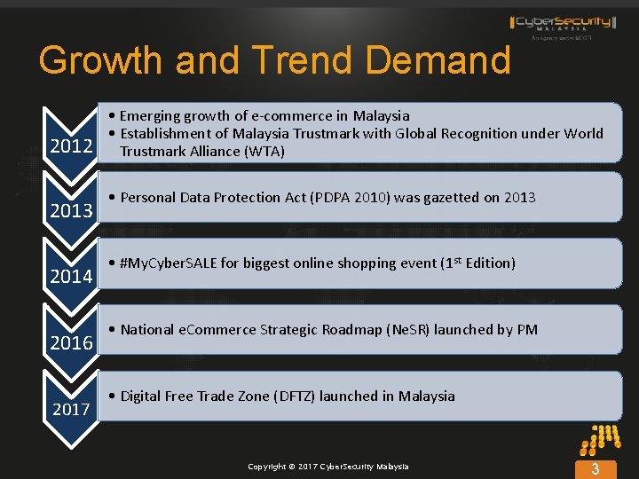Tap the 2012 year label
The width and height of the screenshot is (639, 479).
point(71,145)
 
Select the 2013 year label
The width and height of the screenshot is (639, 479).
point(71,210)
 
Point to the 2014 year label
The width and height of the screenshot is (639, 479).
point(71,276)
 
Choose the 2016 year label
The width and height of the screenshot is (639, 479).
point(71,342)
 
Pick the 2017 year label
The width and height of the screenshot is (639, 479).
point(71,409)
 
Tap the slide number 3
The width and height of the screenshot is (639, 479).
point(596,468)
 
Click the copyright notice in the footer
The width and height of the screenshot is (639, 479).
point(328,467)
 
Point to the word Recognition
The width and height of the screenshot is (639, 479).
point(490,134)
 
